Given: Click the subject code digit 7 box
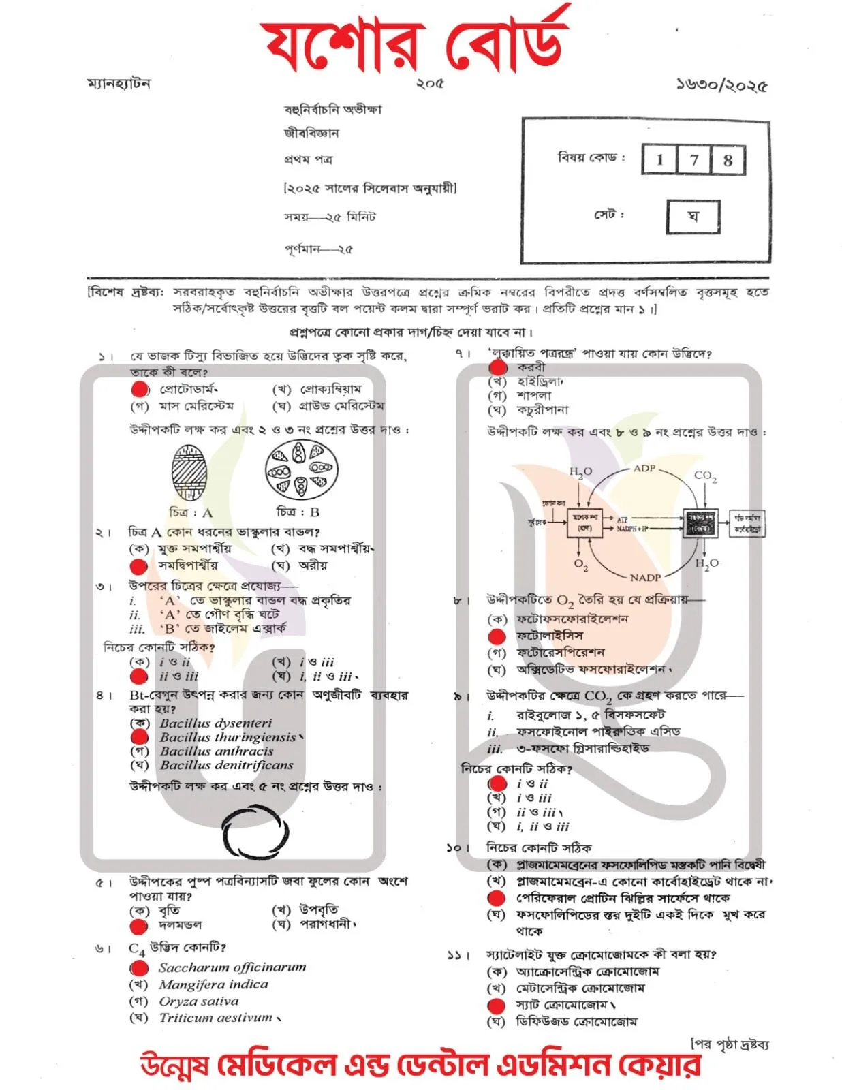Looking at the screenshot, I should coord(693,160).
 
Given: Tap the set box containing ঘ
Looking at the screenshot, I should coord(693,217).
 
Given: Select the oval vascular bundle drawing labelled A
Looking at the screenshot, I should coord(189,473).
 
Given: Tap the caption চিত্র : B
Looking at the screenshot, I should coord(298,512).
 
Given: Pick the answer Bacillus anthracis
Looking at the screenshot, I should coord(217,751).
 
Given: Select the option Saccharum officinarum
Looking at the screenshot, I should coord(232,967).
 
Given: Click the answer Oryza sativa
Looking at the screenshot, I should coord(199,1001).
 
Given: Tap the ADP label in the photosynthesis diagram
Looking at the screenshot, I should coord(644,468).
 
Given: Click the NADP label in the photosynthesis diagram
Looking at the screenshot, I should coord(644,577).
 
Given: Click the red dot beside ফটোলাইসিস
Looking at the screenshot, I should coord(497,636).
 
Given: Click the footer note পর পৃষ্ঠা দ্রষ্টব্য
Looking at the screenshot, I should coord(730,1043).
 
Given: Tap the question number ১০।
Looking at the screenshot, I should coord(455,847).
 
